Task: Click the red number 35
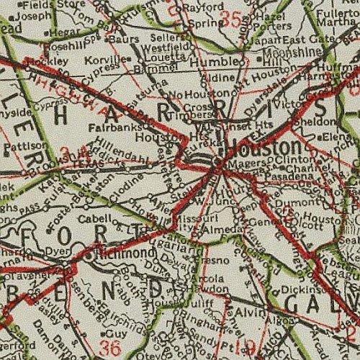pos(233,20)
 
